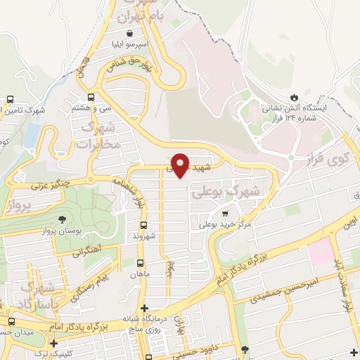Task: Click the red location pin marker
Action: (x=180, y=165)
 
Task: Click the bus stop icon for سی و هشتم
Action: (x=91, y=98)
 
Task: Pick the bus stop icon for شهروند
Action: (x=143, y=226)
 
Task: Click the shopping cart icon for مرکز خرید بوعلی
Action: (x=225, y=214)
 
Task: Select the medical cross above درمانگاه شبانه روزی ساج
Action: (x=144, y=308)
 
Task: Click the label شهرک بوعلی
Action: (x=236, y=191)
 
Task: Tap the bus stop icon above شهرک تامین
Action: (x=10, y=100)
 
